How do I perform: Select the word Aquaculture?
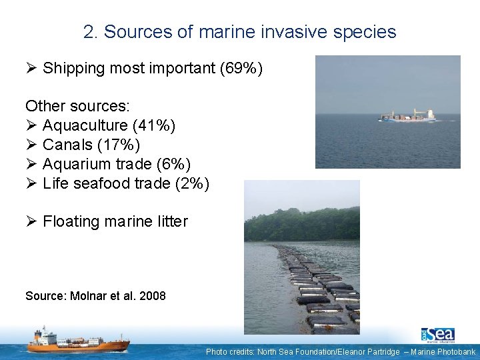(x=85, y=125)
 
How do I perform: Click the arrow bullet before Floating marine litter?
(x=31, y=221)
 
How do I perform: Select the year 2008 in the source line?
(x=153, y=295)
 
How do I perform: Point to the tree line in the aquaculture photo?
(x=301, y=225)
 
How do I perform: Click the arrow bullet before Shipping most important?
(x=31, y=68)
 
